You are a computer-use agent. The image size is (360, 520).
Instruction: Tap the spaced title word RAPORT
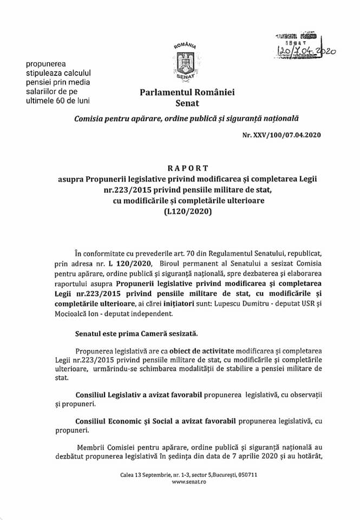click(180, 168)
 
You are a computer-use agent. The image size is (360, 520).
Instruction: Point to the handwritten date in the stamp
click(306, 50)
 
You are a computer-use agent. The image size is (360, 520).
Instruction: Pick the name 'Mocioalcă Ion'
click(94, 313)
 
